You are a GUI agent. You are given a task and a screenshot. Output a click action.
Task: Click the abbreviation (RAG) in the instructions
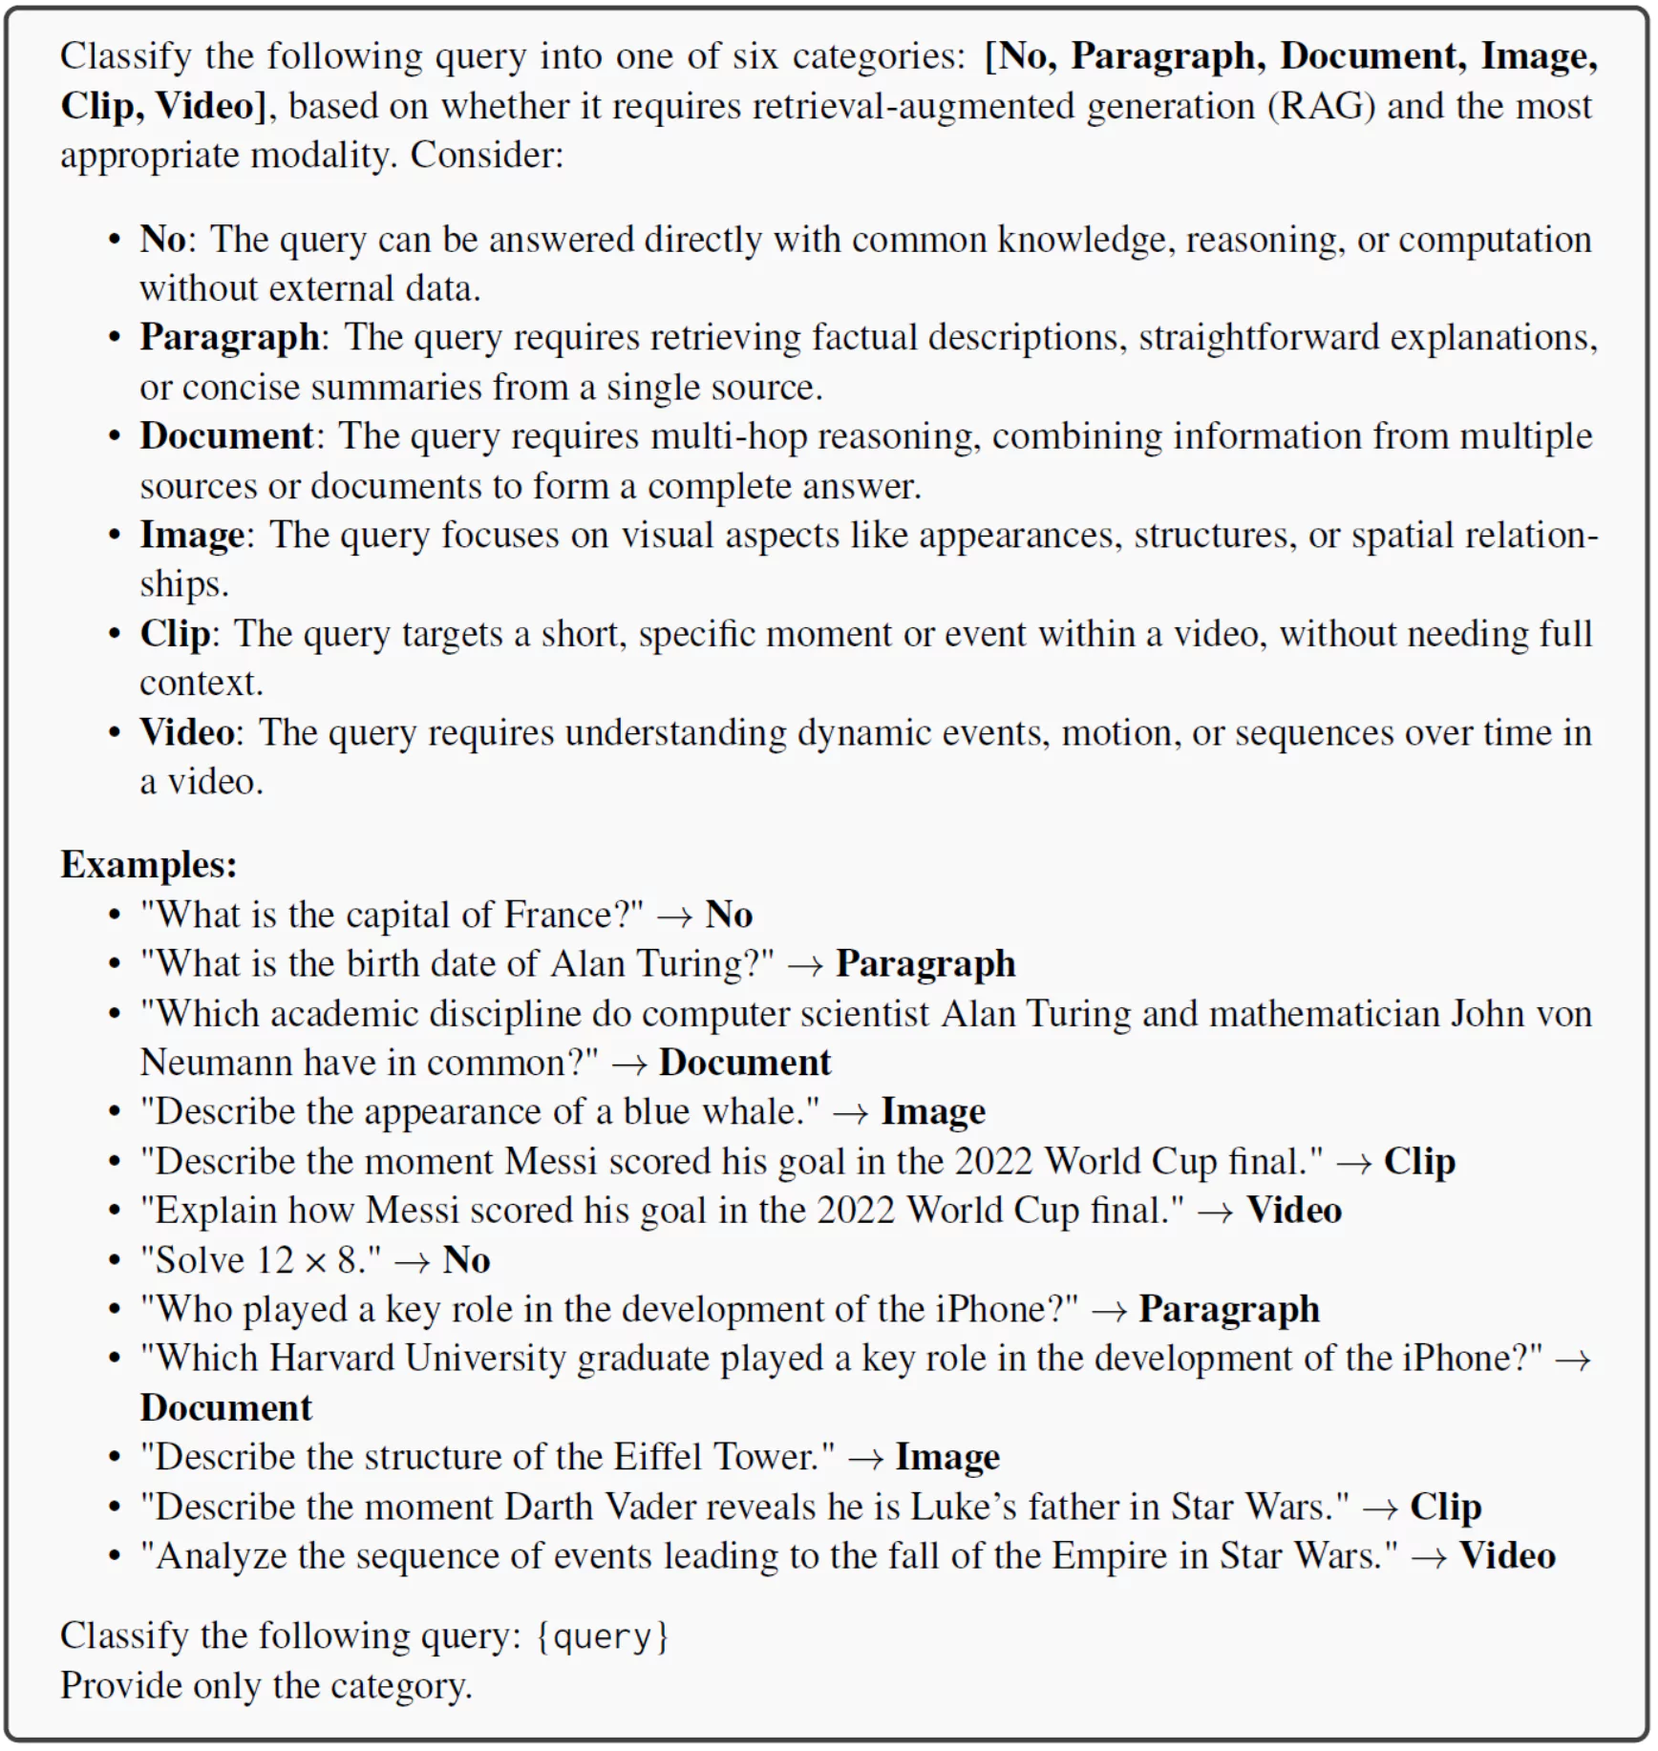click(x=1322, y=106)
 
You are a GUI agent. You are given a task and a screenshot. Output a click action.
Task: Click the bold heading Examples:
click(x=149, y=864)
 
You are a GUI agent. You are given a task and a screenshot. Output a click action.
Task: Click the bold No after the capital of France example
click(x=729, y=915)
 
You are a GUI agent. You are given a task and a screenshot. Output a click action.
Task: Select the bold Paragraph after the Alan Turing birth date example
click(x=925, y=963)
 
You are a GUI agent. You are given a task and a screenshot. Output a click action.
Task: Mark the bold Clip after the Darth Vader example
click(x=1445, y=1507)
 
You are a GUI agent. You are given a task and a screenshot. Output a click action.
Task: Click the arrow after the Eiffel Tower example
click(x=864, y=1458)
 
